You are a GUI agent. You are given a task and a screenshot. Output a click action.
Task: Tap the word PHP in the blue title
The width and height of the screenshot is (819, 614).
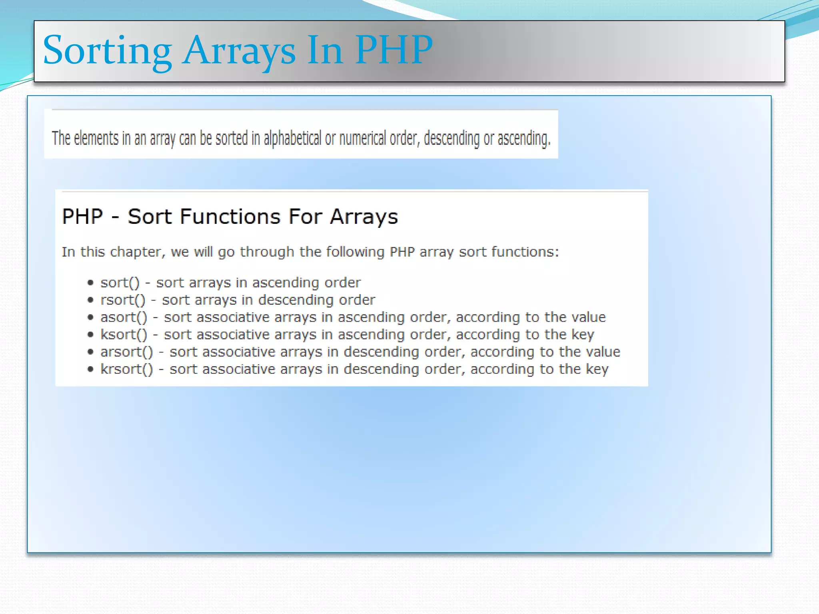click(x=394, y=50)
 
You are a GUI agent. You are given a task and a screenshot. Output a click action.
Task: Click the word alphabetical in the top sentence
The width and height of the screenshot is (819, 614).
click(x=292, y=138)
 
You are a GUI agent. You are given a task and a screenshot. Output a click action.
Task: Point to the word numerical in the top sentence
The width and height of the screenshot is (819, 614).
click(x=362, y=138)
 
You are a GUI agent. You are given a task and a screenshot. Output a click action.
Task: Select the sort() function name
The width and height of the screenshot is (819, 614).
click(x=120, y=283)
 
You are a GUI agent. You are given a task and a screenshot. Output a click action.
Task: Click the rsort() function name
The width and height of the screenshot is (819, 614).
click(x=122, y=300)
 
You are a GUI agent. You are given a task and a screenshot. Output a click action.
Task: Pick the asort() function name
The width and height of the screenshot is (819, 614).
click(x=124, y=317)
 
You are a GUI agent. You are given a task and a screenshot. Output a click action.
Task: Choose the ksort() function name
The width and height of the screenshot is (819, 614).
click(x=124, y=335)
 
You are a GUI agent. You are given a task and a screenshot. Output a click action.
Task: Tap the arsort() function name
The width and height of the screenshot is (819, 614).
click(x=126, y=352)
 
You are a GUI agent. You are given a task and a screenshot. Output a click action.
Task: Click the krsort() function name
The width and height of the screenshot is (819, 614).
click(x=126, y=369)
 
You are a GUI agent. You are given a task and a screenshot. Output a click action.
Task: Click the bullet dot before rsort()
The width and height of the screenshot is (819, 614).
click(x=91, y=300)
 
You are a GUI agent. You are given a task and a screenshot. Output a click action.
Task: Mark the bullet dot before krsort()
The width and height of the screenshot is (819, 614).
click(x=91, y=369)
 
